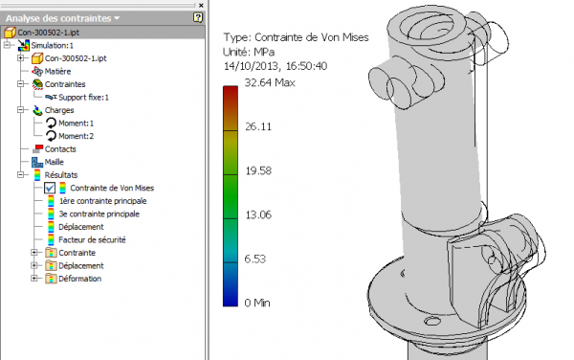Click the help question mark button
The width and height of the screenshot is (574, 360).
[x=198, y=17]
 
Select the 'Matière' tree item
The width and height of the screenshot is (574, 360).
[x=57, y=70]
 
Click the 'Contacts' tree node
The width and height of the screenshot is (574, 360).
[x=59, y=149]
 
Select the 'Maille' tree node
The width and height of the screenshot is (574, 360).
[x=54, y=163]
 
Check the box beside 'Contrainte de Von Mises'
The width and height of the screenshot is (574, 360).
[x=50, y=189]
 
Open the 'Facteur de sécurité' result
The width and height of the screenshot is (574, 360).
[x=92, y=239]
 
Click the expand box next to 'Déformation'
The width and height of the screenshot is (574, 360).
[x=35, y=279]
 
